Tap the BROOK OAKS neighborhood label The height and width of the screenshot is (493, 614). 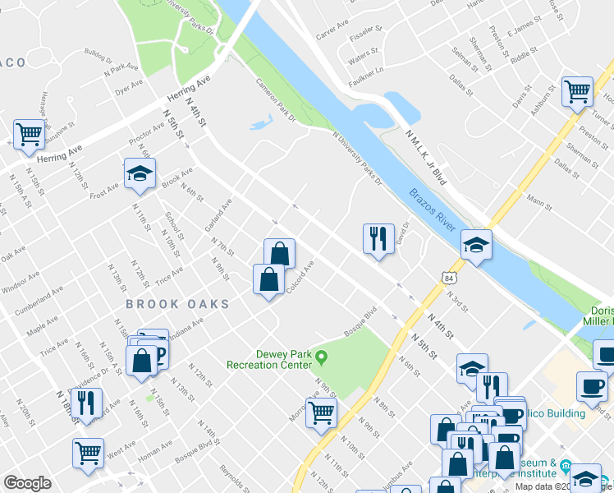click(x=176, y=304)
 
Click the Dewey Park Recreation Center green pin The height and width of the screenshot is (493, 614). click(x=322, y=357)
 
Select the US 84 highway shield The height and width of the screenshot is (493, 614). click(x=447, y=279)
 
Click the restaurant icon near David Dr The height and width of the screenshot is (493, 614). click(x=378, y=239)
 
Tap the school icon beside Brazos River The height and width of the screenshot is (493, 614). click(x=476, y=244)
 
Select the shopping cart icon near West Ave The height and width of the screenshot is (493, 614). click(x=89, y=451)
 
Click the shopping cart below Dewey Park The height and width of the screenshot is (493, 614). click(x=321, y=412)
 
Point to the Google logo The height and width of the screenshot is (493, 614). click(x=27, y=483)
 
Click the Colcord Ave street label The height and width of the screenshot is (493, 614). click(x=300, y=277)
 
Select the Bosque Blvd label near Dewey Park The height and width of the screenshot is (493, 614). click(x=359, y=321)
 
